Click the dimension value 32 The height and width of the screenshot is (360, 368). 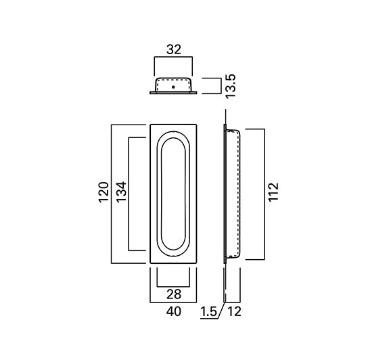pyautogui.click(x=174, y=50)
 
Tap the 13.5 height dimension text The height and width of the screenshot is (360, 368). pyautogui.click(x=230, y=86)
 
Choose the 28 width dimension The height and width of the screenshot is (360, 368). pyautogui.click(x=174, y=294)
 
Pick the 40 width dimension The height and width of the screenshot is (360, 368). pyautogui.click(x=174, y=311)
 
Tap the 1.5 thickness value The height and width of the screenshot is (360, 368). pyautogui.click(x=208, y=312)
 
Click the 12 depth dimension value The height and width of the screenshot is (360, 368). pyautogui.click(x=234, y=312)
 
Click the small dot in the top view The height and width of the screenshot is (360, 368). pyautogui.click(x=173, y=87)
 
